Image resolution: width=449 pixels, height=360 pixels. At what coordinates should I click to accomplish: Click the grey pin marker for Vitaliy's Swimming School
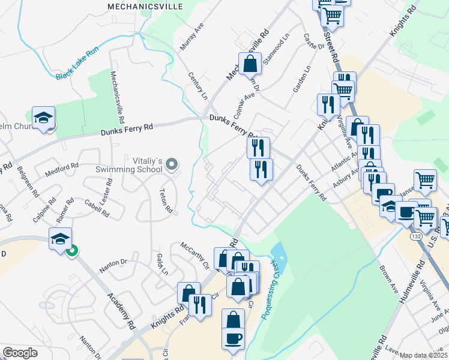click(172, 164)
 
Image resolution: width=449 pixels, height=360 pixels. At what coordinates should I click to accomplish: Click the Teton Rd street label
click(166, 201)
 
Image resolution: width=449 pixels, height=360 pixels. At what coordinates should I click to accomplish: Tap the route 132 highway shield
click(416, 237)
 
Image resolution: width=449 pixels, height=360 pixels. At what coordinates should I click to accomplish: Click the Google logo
click(20, 353)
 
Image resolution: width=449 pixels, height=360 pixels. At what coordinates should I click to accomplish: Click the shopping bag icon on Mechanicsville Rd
click(249, 63)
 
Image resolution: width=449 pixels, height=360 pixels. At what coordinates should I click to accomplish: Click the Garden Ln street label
click(301, 79)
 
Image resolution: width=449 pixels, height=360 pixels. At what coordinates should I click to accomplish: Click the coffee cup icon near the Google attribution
click(233, 338)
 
